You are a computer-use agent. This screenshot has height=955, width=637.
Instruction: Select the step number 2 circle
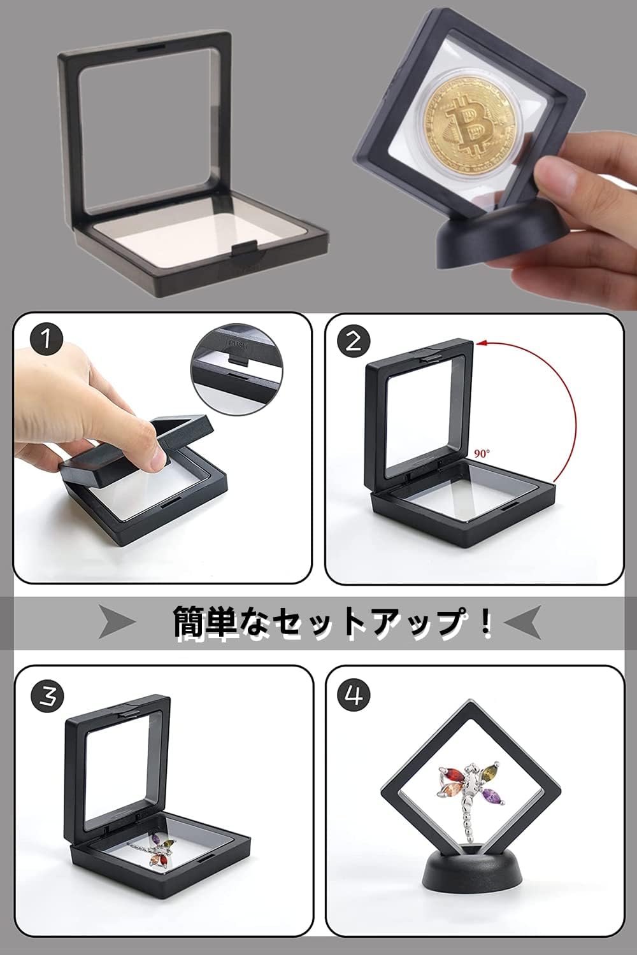click(354, 341)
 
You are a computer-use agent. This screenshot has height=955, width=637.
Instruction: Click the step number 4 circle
click(354, 696)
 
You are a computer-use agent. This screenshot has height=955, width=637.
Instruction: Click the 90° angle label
click(482, 454)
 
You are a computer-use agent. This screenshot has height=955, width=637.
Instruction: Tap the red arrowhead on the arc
click(482, 344)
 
